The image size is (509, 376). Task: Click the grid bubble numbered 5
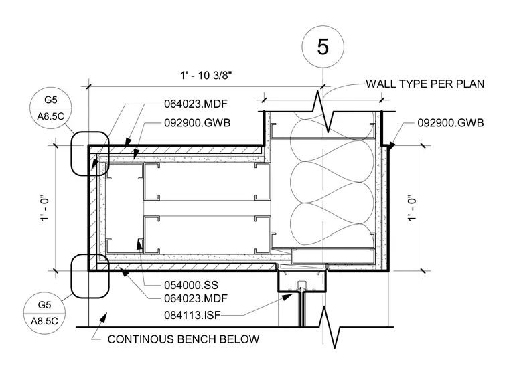tap(323, 47)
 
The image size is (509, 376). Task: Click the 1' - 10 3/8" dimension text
tap(206, 76)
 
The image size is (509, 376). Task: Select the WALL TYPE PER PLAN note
tap(425, 84)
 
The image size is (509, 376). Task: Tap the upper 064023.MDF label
tap(196, 104)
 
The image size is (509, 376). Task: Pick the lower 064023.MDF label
tap(196, 298)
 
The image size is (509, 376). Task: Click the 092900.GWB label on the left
tap(197, 123)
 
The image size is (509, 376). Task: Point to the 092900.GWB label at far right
tap(451, 123)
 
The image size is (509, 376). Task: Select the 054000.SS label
tap(191, 286)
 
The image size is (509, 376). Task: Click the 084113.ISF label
tap(192, 315)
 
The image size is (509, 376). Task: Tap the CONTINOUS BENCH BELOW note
tap(184, 339)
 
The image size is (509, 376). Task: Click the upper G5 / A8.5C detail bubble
tap(51, 108)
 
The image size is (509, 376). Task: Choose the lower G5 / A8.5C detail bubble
tap(44, 313)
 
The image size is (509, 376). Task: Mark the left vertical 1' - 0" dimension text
tap(45, 208)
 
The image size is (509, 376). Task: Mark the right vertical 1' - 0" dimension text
tap(412, 208)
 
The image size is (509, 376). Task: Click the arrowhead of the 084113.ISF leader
tap(287, 297)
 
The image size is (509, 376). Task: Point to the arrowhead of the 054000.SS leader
tap(139, 243)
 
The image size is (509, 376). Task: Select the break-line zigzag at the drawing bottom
tap(329, 327)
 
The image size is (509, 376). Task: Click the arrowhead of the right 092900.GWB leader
tap(391, 146)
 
